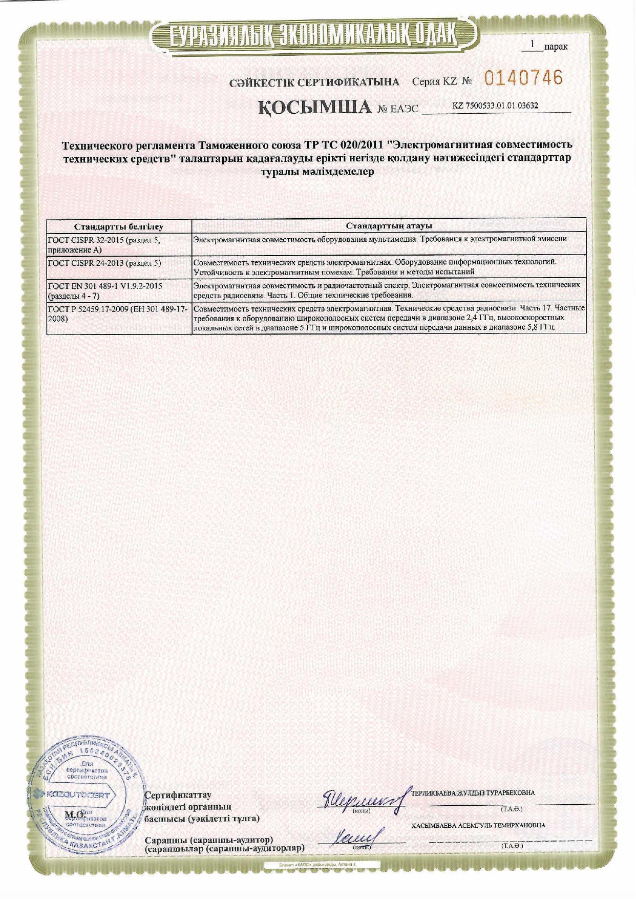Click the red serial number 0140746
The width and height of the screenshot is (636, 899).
pyautogui.click(x=523, y=78)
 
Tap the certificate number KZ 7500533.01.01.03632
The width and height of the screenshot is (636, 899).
pyautogui.click(x=495, y=106)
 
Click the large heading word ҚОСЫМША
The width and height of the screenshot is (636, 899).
pyautogui.click(x=314, y=107)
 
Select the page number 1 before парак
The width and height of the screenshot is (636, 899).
pyautogui.click(x=533, y=45)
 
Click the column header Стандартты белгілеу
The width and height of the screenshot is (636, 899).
pyautogui.click(x=118, y=226)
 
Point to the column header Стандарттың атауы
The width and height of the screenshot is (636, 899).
pyautogui.click(x=389, y=225)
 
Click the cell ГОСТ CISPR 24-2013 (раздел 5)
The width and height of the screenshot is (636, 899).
pyautogui.click(x=104, y=263)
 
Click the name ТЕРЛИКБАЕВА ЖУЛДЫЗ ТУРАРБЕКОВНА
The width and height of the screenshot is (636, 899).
pyautogui.click(x=473, y=793)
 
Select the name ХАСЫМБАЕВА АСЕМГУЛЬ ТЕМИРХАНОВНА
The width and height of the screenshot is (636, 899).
pyautogui.click(x=478, y=825)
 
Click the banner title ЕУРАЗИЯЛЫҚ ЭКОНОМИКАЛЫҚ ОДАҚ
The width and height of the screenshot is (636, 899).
pyautogui.click(x=313, y=35)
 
